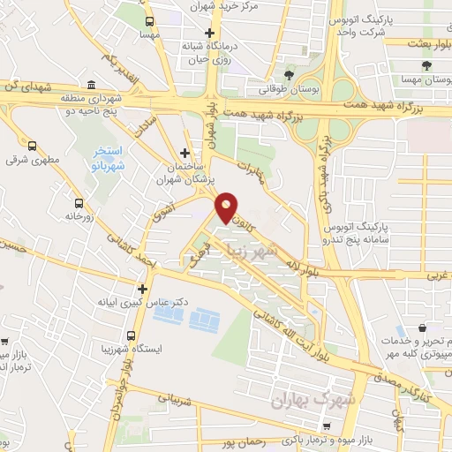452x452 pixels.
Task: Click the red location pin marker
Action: point(227,207)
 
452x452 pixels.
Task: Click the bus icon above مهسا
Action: point(149,20)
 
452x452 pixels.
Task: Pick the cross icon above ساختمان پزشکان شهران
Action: point(184,153)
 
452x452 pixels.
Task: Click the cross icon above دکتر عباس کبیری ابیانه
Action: point(142,288)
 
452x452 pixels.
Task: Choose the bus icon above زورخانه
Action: point(79,202)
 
